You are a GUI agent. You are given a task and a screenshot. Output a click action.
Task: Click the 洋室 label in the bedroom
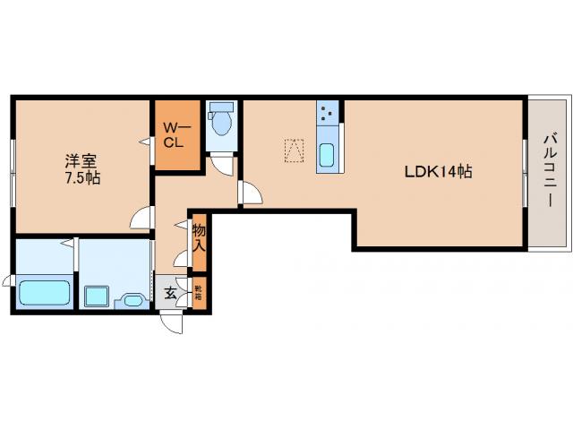tap(81, 161)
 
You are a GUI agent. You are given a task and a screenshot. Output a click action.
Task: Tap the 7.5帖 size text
tap(81, 178)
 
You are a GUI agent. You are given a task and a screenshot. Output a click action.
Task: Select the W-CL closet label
tap(174, 134)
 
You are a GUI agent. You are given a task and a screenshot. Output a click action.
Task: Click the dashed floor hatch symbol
tap(295, 150)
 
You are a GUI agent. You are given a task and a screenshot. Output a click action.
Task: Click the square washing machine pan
tap(96, 297)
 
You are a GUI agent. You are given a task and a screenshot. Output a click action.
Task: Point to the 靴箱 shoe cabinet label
tap(199, 291)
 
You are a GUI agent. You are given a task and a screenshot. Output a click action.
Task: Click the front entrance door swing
tap(172, 321)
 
